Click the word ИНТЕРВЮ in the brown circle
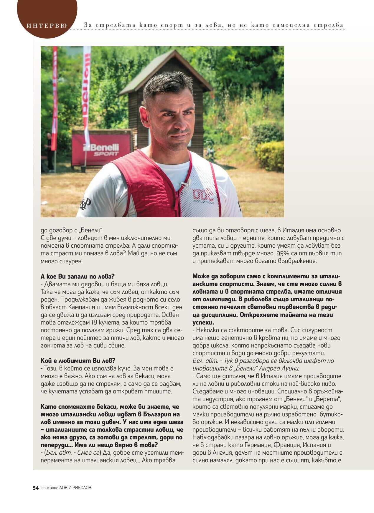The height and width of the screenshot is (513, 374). [x=47, y=26]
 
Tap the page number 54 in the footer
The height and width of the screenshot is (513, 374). [x=36, y=488]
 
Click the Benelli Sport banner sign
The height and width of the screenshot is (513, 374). [x=101, y=150]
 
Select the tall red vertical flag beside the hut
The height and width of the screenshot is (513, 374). [x=86, y=91]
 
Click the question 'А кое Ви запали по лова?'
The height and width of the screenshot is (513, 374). [x=77, y=277]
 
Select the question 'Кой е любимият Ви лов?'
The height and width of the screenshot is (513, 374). [x=78, y=361]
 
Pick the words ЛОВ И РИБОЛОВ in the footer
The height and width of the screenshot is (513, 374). [x=75, y=488]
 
